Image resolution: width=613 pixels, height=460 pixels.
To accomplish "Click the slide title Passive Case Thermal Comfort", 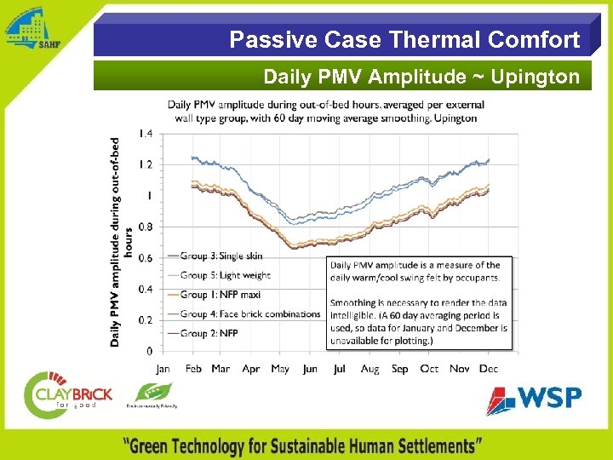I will click(404, 39).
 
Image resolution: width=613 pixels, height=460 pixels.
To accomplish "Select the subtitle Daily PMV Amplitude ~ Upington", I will click(421, 77).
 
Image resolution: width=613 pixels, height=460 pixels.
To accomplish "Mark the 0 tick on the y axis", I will click(149, 351).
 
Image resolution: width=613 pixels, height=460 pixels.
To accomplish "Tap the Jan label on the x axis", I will click(163, 369).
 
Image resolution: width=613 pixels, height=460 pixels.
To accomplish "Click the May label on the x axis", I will click(280, 369).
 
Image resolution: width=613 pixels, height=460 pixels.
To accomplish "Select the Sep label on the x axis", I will click(399, 369).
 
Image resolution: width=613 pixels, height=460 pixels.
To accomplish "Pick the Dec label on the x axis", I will click(489, 369).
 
